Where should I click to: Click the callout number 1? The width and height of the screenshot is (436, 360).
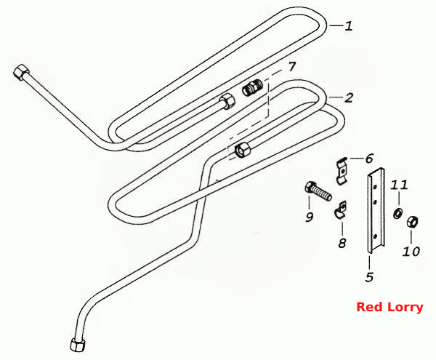[x=349, y=26]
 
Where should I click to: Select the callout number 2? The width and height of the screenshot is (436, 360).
[x=349, y=97]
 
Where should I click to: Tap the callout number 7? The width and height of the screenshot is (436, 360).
[x=291, y=67]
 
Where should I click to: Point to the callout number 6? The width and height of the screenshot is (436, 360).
[x=368, y=159]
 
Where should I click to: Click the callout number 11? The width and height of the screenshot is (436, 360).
[x=399, y=185]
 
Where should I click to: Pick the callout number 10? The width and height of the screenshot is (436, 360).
[x=411, y=252]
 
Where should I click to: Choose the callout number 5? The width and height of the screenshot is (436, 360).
[x=369, y=277]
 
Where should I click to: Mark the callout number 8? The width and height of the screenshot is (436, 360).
[x=342, y=243]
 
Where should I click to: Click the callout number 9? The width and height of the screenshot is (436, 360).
[x=310, y=217]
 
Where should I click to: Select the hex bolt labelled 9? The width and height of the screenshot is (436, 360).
[x=319, y=191]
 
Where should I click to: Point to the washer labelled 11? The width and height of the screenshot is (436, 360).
[x=397, y=214]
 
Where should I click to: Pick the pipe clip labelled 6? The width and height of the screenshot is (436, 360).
[x=342, y=170]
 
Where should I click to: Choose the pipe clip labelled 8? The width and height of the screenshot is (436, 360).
[x=340, y=209]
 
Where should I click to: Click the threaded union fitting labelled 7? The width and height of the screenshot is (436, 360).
[x=252, y=88]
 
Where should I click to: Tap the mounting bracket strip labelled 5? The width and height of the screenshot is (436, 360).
[x=376, y=211]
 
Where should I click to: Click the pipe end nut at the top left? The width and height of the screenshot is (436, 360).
[x=21, y=72]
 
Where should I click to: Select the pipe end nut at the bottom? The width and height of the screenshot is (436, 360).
[x=78, y=345]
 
